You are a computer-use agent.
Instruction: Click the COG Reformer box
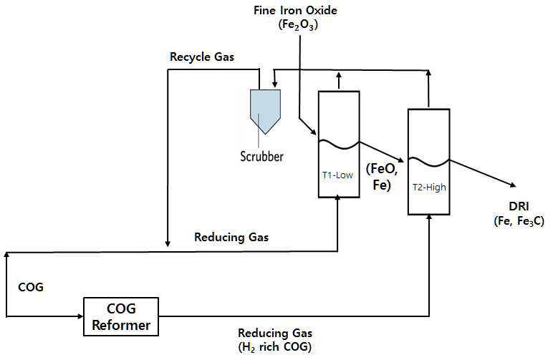(x=121, y=316)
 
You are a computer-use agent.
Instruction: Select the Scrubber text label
(x=261, y=157)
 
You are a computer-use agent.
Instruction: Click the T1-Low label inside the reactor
(x=337, y=175)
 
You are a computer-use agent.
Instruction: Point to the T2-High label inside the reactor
(x=429, y=187)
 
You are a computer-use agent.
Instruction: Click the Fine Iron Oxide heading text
(x=295, y=10)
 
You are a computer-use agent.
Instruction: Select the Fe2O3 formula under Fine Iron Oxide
(x=298, y=25)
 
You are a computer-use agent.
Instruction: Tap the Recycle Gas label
(x=202, y=57)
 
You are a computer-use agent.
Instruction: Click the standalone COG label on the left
(x=31, y=287)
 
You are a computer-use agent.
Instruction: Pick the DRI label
(x=519, y=206)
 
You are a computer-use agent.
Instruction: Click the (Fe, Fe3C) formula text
(x=519, y=221)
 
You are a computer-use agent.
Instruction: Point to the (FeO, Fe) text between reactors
(x=383, y=177)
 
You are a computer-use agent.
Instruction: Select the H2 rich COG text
(x=275, y=347)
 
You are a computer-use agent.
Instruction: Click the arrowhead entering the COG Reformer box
(x=80, y=316)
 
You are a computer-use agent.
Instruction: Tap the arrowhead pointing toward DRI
(x=513, y=185)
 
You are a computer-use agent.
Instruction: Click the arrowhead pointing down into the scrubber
(x=275, y=85)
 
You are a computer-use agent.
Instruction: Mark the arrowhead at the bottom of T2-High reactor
(x=429, y=217)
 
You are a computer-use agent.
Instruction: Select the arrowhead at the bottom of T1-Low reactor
(x=337, y=198)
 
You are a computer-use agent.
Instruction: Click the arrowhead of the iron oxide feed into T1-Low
(x=313, y=132)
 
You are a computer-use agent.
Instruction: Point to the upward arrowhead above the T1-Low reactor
(x=339, y=75)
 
